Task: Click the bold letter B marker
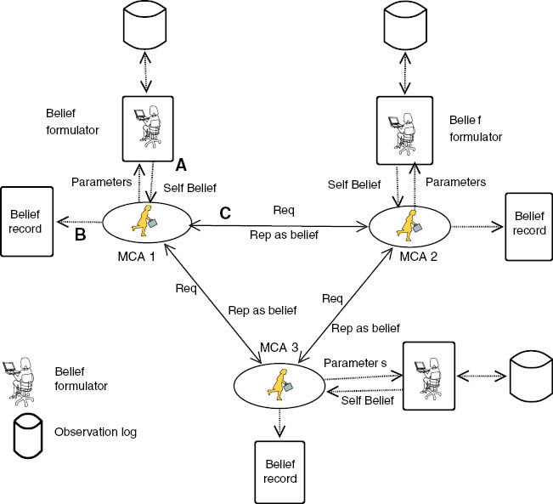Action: [81, 235]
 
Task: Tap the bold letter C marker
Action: [224, 213]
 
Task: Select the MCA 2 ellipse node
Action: [406, 225]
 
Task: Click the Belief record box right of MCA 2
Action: [528, 224]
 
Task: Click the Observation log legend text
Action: [95, 432]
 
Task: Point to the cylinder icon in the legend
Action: [28, 431]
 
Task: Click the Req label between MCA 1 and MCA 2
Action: [283, 209]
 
